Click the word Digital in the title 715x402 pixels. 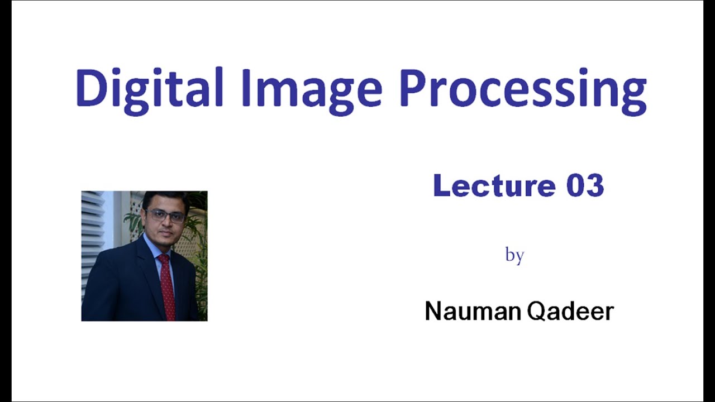point(149,88)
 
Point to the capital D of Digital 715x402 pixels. point(89,88)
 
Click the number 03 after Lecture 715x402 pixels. point(585,185)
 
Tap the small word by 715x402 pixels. point(514,255)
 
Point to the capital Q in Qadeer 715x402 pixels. point(536,312)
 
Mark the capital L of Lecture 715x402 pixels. point(441,185)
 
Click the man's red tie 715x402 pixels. point(167,285)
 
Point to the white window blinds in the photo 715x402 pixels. point(93,234)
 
